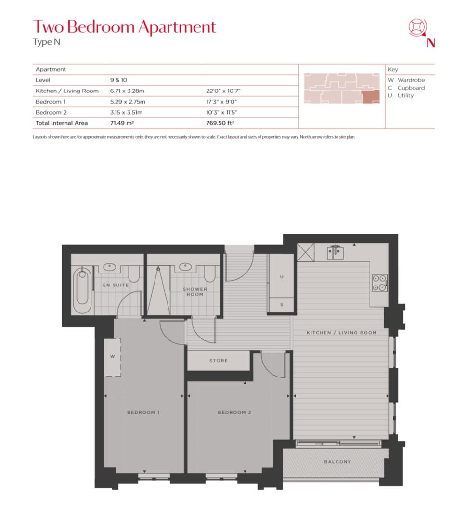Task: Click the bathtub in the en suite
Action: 83,287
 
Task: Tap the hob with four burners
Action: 379,283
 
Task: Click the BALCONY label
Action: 337,462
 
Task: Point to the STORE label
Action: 218,361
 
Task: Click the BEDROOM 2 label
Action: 234,413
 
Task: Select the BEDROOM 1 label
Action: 143,413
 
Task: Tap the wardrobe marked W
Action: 112,357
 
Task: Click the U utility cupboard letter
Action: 281,277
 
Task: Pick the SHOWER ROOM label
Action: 194,292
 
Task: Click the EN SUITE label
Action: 116,285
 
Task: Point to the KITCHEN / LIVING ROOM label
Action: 341,333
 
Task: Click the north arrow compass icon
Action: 416,28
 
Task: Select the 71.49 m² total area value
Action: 121,123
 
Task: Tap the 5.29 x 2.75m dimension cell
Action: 128,102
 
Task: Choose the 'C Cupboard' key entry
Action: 406,88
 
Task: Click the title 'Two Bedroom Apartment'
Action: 124,27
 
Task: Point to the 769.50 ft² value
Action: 220,123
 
